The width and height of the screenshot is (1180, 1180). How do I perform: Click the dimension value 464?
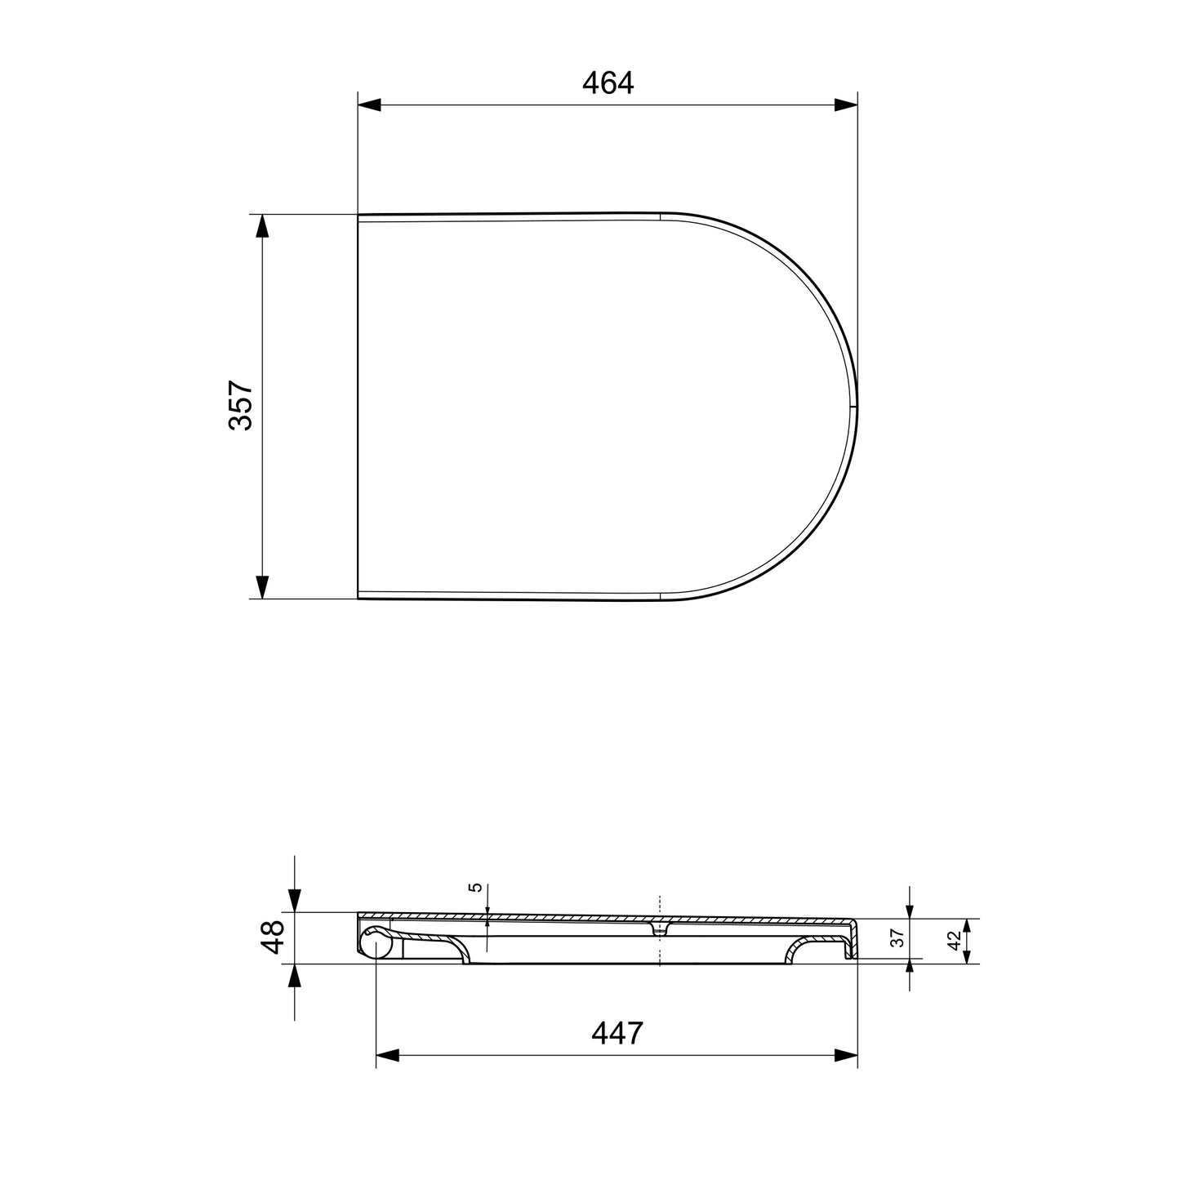click(x=608, y=83)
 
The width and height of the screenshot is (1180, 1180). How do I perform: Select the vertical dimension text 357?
click(x=242, y=405)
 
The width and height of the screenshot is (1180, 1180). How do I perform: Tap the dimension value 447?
click(x=617, y=1033)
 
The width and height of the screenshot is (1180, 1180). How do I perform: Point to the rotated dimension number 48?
click(x=272, y=937)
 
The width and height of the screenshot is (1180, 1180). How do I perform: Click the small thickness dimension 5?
click(x=477, y=888)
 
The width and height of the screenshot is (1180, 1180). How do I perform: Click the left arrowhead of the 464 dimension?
click(x=370, y=105)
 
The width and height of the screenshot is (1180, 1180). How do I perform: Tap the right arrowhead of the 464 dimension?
click(x=846, y=105)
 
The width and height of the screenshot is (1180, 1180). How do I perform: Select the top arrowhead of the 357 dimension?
click(x=261, y=226)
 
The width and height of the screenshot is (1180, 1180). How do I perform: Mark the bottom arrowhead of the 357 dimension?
click(x=261, y=586)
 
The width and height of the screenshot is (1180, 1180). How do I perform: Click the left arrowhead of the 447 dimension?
click(x=387, y=1055)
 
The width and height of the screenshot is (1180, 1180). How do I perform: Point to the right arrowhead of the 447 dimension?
click(x=846, y=1055)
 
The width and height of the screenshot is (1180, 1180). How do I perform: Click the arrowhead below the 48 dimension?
click(x=294, y=975)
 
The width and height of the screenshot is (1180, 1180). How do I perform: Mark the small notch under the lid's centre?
click(x=659, y=930)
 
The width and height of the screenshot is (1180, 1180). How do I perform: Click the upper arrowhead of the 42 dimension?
click(x=967, y=926)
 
